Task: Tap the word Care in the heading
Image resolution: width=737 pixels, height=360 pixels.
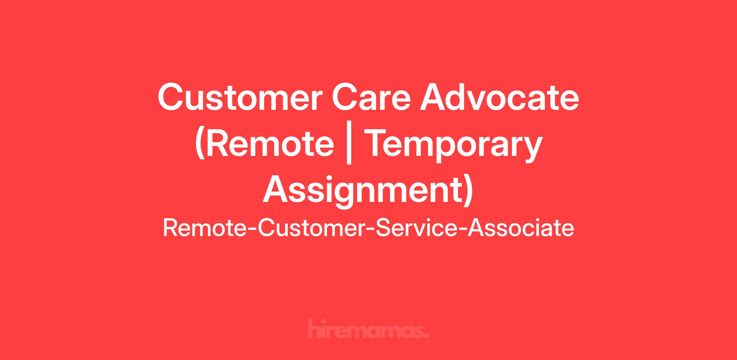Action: tap(371, 98)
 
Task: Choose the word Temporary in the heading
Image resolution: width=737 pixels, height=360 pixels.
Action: tap(453, 146)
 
